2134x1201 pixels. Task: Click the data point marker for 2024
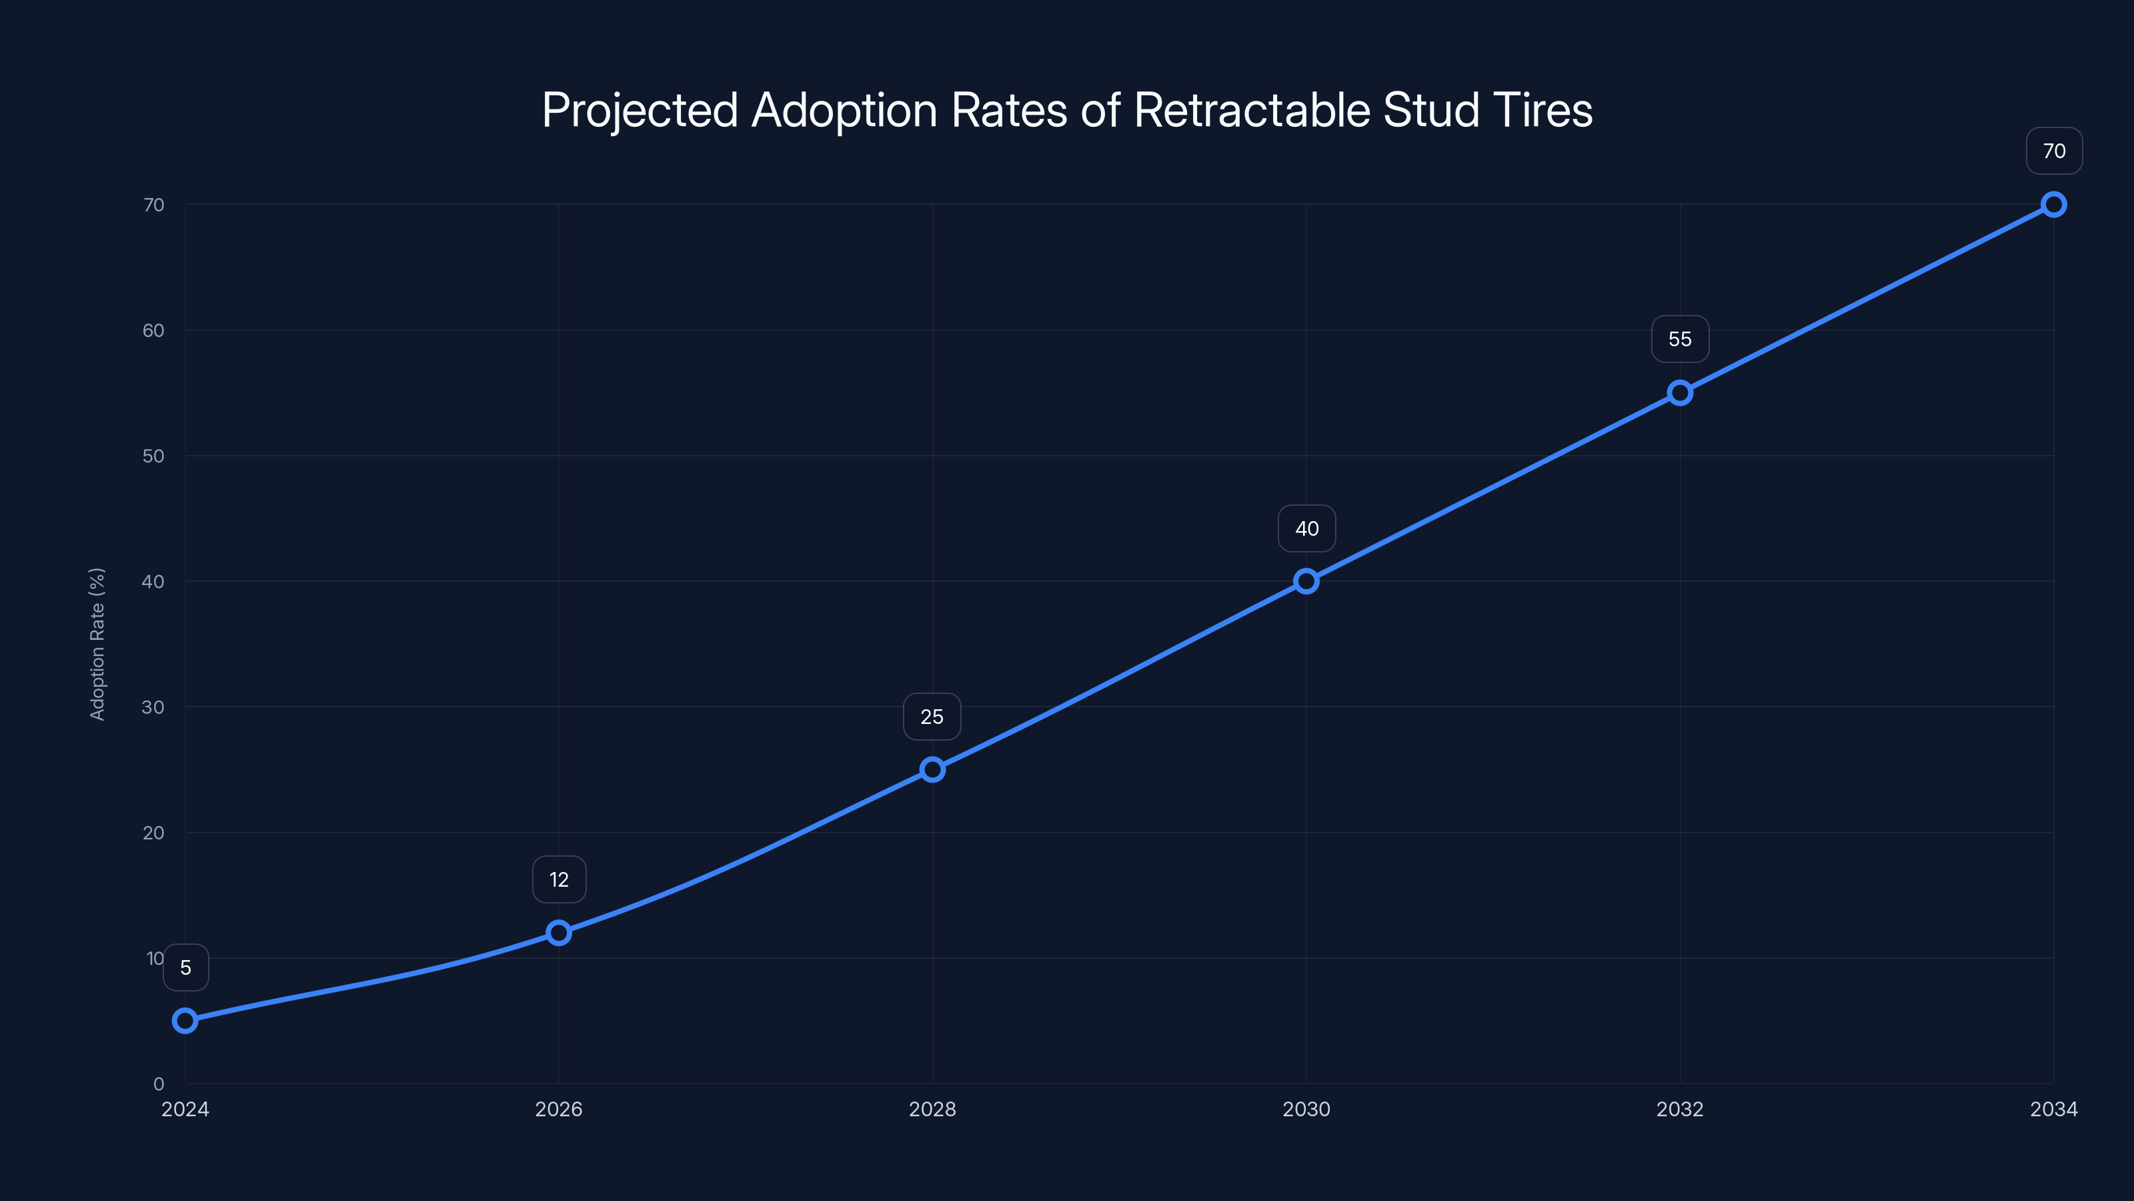[185, 1020]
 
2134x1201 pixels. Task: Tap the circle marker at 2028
[932, 769]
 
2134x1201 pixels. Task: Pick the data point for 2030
[1306, 581]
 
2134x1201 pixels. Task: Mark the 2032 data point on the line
[1679, 393]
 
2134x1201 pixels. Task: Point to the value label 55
[1679, 339]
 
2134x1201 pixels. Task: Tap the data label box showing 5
[185, 967]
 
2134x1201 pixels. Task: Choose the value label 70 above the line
[2054, 151]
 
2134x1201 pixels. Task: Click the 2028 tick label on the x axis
[932, 1109]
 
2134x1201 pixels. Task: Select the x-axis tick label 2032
[1679, 1109]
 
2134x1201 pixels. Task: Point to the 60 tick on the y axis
[153, 331]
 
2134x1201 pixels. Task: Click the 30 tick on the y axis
[153, 707]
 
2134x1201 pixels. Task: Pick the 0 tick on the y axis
[158, 1084]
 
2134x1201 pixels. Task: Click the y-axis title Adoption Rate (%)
[97, 644]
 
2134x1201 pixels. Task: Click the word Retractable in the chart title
[1251, 110]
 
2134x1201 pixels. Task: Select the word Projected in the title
[640, 110]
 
